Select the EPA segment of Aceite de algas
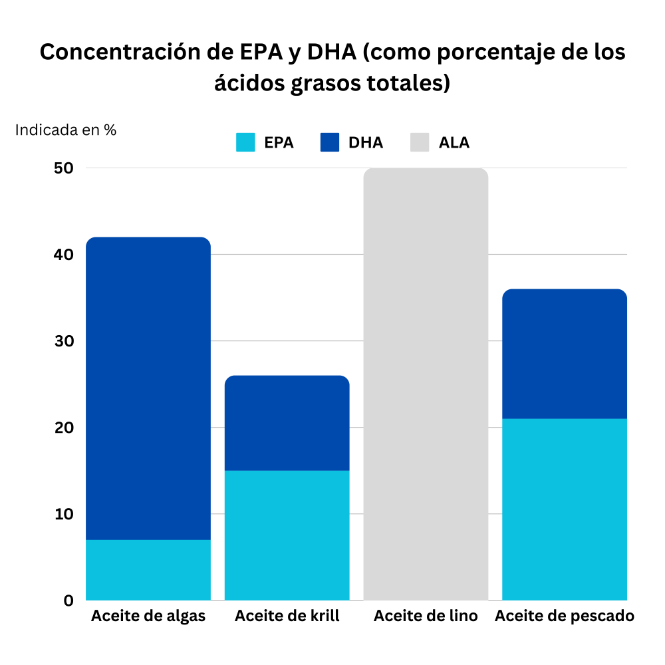(x=148, y=570)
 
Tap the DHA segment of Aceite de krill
(x=287, y=423)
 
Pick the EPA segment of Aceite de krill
(x=287, y=535)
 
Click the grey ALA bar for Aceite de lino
(x=426, y=384)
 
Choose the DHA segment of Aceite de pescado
(x=564, y=354)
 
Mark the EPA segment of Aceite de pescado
(x=564, y=509)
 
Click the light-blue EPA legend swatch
(x=245, y=142)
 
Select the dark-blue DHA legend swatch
(x=330, y=142)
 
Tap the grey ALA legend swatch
(x=420, y=142)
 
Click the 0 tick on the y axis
(x=68, y=600)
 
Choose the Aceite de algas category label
(x=148, y=616)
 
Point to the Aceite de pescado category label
(x=564, y=616)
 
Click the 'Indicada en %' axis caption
(x=66, y=130)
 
